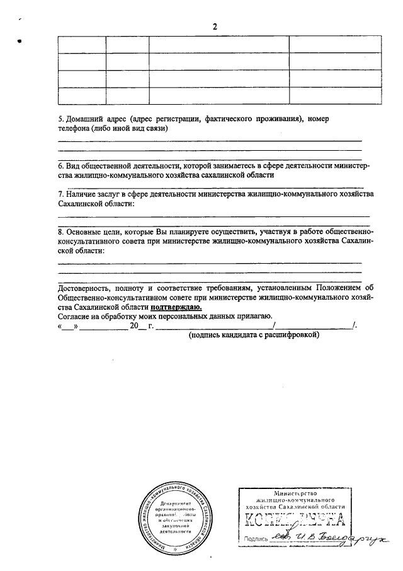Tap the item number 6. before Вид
[x=60, y=165]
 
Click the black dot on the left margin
[x=20, y=42]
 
